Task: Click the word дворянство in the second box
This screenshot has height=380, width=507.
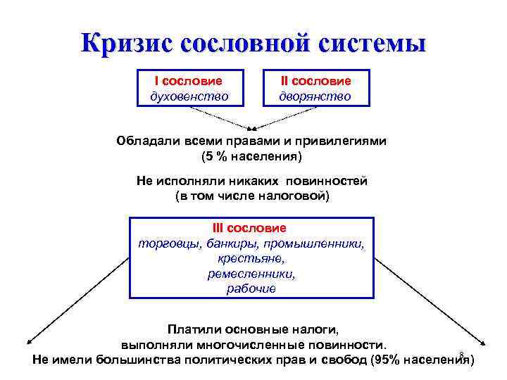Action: [315, 96]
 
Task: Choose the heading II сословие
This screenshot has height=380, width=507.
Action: [315, 81]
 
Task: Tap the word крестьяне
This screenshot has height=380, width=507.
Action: [251, 258]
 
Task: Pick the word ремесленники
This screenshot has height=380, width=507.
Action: [251, 273]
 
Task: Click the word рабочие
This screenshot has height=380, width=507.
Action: [251, 289]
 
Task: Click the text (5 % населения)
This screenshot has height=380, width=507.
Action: [251, 155]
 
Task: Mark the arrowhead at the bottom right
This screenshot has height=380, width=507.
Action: [482, 343]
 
